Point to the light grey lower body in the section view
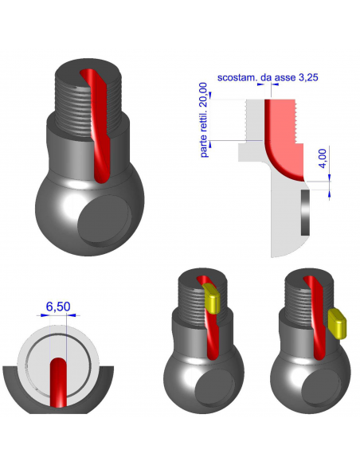tap(283, 223)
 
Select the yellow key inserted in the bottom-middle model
tap(213, 299)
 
